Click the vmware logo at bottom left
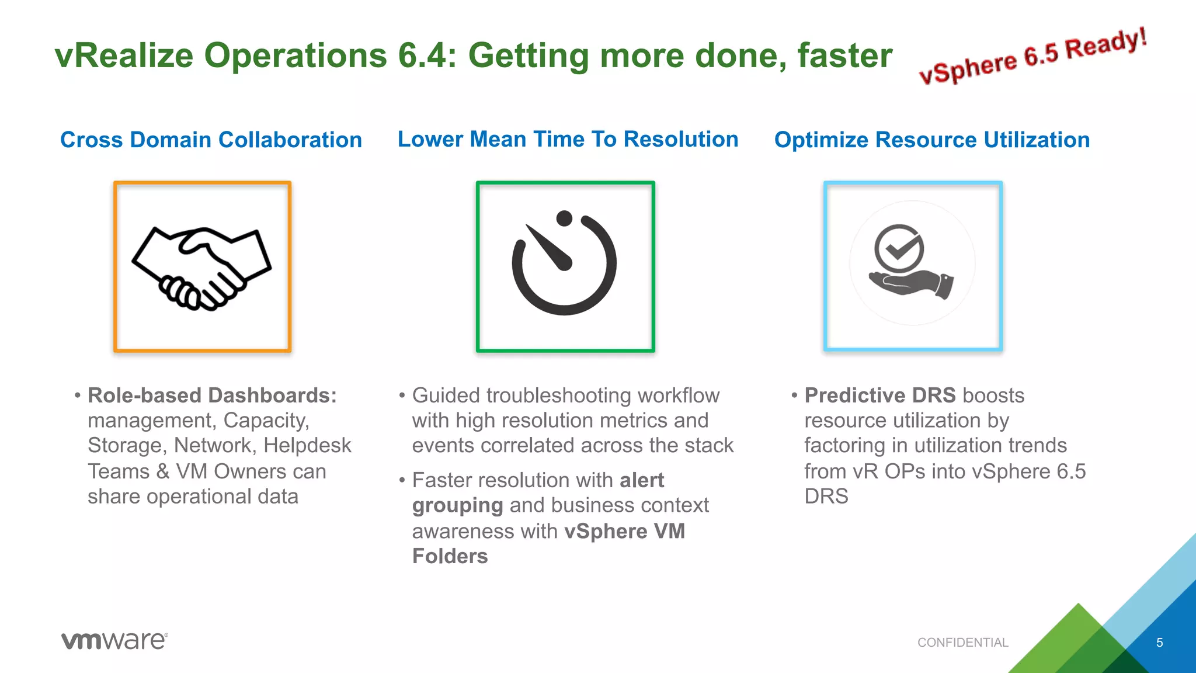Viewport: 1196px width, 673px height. tap(114, 641)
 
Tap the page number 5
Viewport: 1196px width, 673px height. tap(1159, 643)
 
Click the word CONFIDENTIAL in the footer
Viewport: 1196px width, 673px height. tap(962, 643)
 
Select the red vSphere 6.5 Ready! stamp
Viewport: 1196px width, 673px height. tap(1032, 57)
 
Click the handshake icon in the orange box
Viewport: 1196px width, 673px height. tap(201, 268)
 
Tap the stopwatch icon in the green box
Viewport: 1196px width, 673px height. tap(564, 264)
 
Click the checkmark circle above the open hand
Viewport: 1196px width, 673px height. tap(899, 248)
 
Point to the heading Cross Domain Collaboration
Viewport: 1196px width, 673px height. tap(211, 140)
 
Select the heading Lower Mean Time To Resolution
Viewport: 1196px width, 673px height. tap(568, 140)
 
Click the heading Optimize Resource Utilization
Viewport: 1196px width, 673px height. tap(931, 140)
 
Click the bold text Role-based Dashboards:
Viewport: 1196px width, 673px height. tap(212, 396)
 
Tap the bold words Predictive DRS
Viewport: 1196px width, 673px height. tap(879, 396)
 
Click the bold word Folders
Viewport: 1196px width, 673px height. tap(450, 556)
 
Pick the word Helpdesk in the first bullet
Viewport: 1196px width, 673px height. tap(307, 446)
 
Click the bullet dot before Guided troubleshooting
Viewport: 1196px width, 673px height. tap(402, 396)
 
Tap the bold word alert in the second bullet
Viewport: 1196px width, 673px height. tap(642, 480)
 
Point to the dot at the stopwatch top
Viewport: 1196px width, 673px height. tap(564, 218)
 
